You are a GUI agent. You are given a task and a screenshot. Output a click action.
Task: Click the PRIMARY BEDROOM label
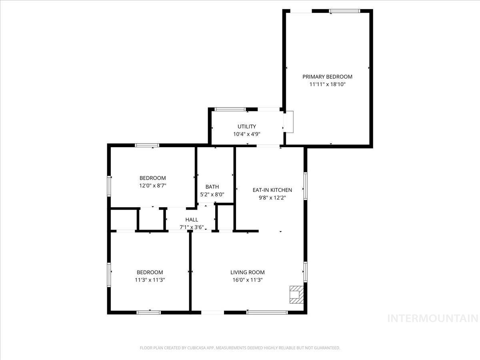click(327, 77)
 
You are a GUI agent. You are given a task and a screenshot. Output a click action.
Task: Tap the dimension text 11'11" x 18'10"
click(327, 84)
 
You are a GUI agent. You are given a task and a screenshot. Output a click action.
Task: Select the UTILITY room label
click(247, 127)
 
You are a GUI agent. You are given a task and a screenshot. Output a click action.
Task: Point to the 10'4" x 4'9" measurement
click(247, 134)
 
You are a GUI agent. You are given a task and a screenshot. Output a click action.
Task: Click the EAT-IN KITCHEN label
click(272, 190)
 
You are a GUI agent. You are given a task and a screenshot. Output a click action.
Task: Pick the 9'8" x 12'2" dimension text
click(272, 198)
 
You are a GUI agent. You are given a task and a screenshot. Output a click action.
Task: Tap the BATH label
click(212, 187)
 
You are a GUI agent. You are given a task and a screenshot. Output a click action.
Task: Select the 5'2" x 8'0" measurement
click(212, 194)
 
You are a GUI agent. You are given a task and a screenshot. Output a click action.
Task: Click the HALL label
click(192, 220)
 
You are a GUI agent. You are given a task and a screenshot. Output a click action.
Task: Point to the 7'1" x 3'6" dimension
click(192, 227)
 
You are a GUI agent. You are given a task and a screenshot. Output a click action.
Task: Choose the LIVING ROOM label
click(247, 272)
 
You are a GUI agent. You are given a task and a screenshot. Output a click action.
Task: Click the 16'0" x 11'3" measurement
click(247, 280)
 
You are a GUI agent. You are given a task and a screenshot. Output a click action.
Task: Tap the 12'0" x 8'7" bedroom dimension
click(152, 186)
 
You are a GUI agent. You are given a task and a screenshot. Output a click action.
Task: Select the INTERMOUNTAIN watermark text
click(433, 318)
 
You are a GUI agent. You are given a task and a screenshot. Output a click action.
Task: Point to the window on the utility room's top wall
click(230, 109)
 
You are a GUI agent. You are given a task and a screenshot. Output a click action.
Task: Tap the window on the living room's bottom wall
click(267, 312)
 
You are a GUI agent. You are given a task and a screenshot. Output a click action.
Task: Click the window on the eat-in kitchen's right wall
click(305, 186)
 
